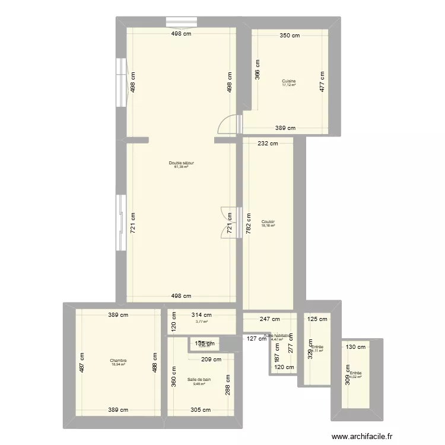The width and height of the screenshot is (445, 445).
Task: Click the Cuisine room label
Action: tap(289, 81)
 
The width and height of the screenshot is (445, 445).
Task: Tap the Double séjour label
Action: tap(182, 163)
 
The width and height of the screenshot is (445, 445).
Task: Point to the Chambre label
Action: tap(118, 360)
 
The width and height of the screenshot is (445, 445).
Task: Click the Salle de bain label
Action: tap(199, 379)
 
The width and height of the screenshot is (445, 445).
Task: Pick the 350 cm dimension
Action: tap(290, 36)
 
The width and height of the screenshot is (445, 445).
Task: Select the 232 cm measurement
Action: tap(268, 143)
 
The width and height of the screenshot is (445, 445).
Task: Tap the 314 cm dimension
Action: tap(201, 315)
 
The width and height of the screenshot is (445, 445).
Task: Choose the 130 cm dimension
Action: tap(356, 348)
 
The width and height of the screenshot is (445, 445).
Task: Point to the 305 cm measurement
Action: tap(201, 409)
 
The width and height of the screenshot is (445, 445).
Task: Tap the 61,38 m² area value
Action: tap(181, 167)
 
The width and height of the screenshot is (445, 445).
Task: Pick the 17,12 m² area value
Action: tap(289, 85)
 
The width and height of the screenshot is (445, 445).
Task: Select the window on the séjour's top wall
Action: tap(182, 22)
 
